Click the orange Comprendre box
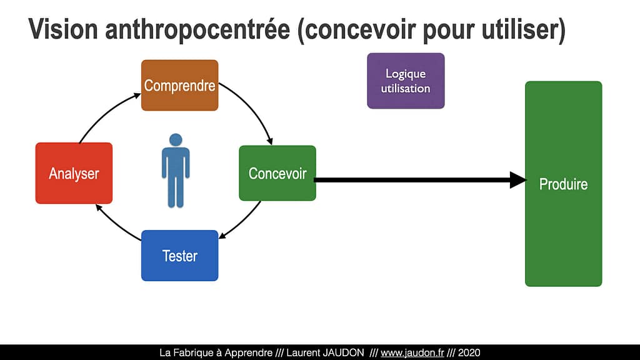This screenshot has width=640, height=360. [x=179, y=85]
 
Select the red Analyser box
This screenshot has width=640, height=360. [x=74, y=173]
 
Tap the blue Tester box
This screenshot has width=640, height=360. [x=179, y=256]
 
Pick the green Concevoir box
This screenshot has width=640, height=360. [x=277, y=173]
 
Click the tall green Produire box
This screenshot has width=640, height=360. [x=563, y=184]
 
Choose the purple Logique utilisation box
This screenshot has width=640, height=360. [x=406, y=81]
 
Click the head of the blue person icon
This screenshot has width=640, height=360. [x=176, y=139]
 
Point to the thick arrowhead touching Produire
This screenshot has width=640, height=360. [x=518, y=180]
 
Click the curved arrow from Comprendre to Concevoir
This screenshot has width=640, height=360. [x=250, y=108]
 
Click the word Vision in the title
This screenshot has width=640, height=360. [x=63, y=29]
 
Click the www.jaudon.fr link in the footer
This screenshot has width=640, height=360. [x=412, y=352]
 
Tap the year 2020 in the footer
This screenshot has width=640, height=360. [x=469, y=352]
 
